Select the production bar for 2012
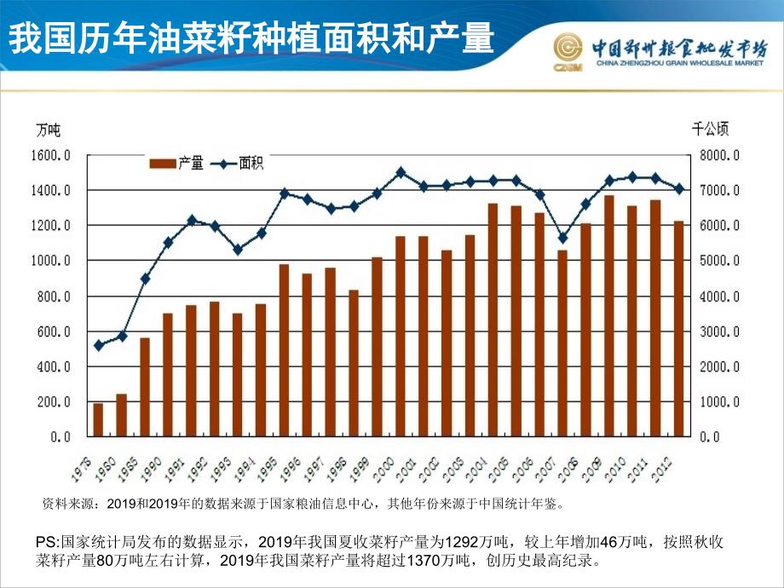coord(678,328)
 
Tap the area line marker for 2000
coord(401,172)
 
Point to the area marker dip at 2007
coord(562,238)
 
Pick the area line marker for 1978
coord(99,345)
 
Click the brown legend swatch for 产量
coord(163,164)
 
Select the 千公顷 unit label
coord(710,130)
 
